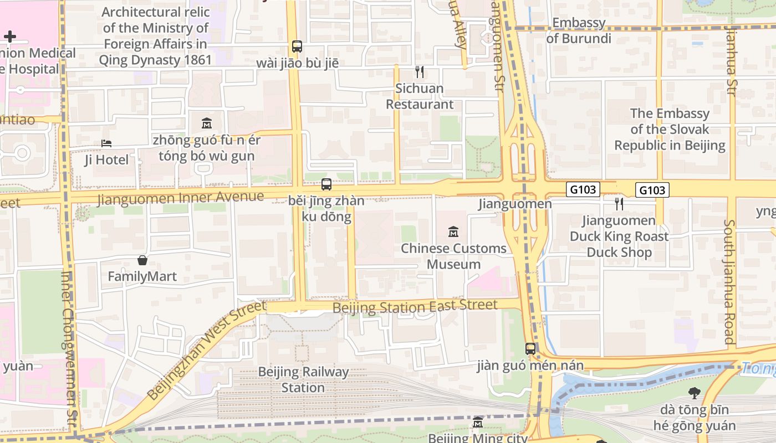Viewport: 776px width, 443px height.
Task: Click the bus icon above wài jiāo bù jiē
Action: pyautogui.click(x=297, y=47)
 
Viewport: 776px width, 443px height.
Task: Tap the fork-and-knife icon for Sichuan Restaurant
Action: pyautogui.click(x=420, y=72)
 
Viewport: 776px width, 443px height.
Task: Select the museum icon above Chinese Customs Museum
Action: pyautogui.click(x=453, y=232)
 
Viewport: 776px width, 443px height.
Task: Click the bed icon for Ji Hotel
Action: pyautogui.click(x=106, y=143)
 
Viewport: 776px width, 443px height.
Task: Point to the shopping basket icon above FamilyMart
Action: pyautogui.click(x=142, y=260)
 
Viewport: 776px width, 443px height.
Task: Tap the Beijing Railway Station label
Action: pyautogui.click(x=303, y=380)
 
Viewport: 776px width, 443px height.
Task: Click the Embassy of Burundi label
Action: pyautogui.click(x=579, y=30)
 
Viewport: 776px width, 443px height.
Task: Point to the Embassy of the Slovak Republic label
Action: pyautogui.click(x=670, y=130)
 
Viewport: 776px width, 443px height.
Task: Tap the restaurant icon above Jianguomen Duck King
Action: pyautogui.click(x=619, y=204)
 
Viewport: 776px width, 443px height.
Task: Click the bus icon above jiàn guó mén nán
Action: pyautogui.click(x=530, y=349)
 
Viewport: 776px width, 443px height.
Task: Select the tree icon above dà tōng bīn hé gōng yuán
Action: pyautogui.click(x=694, y=394)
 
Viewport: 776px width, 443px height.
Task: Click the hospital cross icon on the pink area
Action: pyautogui.click(x=9, y=37)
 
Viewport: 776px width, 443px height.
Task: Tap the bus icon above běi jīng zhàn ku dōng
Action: pyautogui.click(x=326, y=184)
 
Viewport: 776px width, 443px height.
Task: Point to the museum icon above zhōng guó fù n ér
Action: pyautogui.click(x=207, y=123)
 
